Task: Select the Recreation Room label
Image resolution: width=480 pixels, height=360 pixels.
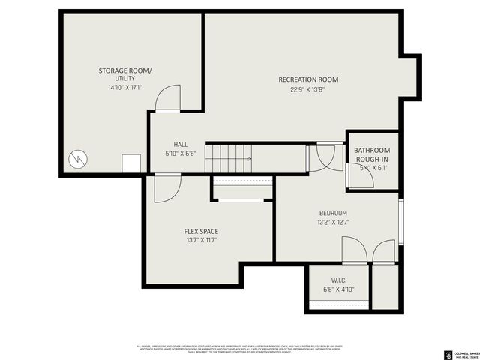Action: [x=308, y=79]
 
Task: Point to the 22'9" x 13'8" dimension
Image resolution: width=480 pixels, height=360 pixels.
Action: [x=308, y=89]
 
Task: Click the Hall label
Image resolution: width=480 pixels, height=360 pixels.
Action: [x=181, y=145]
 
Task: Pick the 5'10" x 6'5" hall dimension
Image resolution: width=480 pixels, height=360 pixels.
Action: [x=181, y=154]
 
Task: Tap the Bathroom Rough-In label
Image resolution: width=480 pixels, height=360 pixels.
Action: [x=372, y=155]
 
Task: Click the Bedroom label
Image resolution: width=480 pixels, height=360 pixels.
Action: [x=333, y=213]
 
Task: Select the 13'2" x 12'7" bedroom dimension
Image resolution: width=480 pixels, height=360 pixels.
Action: [x=333, y=222]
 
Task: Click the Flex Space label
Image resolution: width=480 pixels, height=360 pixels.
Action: [x=201, y=231]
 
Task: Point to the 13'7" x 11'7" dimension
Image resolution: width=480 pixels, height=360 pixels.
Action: [x=201, y=240]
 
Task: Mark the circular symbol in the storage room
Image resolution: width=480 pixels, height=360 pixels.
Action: [x=77, y=159]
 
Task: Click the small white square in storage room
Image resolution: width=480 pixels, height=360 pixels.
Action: [x=133, y=163]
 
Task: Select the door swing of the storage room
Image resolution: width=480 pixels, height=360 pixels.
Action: [x=169, y=97]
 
